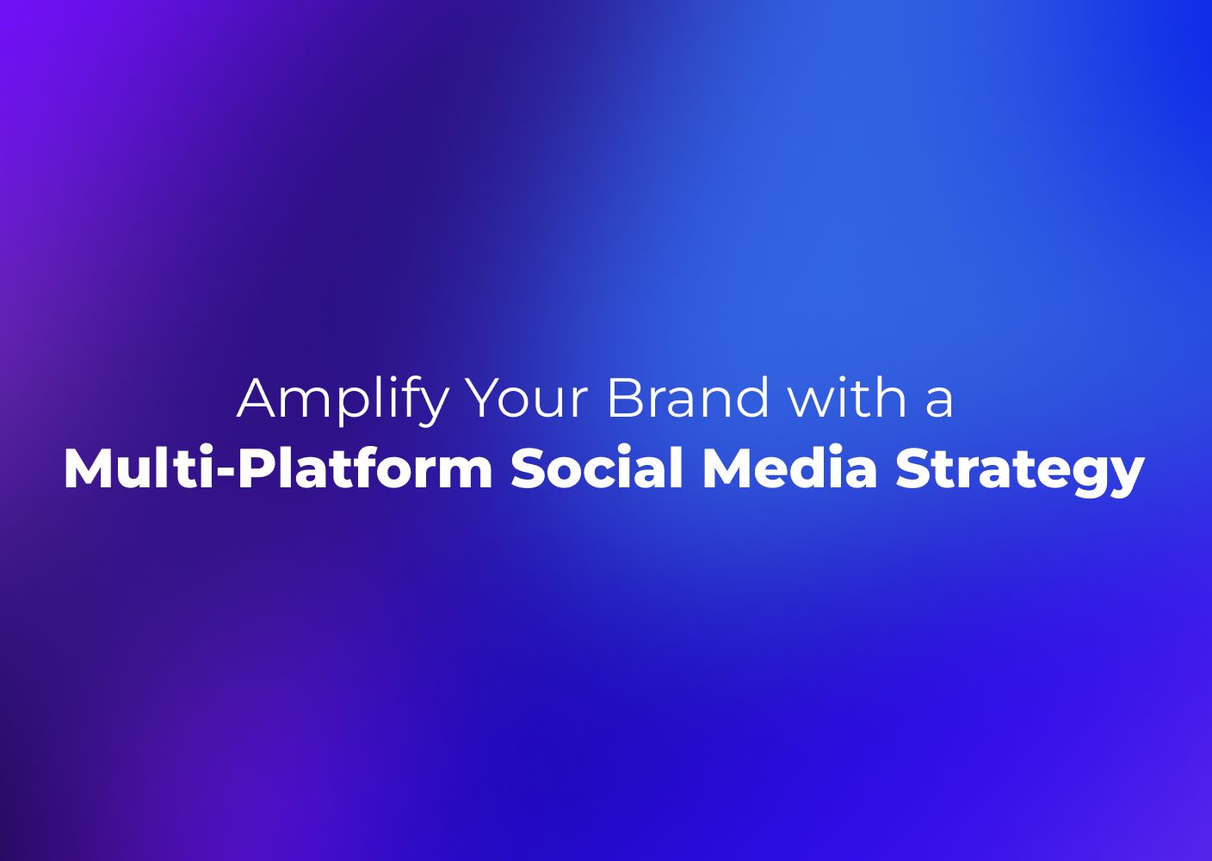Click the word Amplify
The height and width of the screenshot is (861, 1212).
tap(343, 400)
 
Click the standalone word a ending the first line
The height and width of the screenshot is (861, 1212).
tap(939, 404)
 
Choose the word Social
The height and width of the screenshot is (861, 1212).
tap(597, 468)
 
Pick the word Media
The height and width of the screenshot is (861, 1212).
tap(788, 468)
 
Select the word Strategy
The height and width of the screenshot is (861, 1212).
tap(1019, 473)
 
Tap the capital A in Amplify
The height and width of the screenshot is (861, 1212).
tap(257, 398)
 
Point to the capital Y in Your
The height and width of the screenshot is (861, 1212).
tap(485, 398)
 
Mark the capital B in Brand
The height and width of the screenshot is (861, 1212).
tap(625, 398)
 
